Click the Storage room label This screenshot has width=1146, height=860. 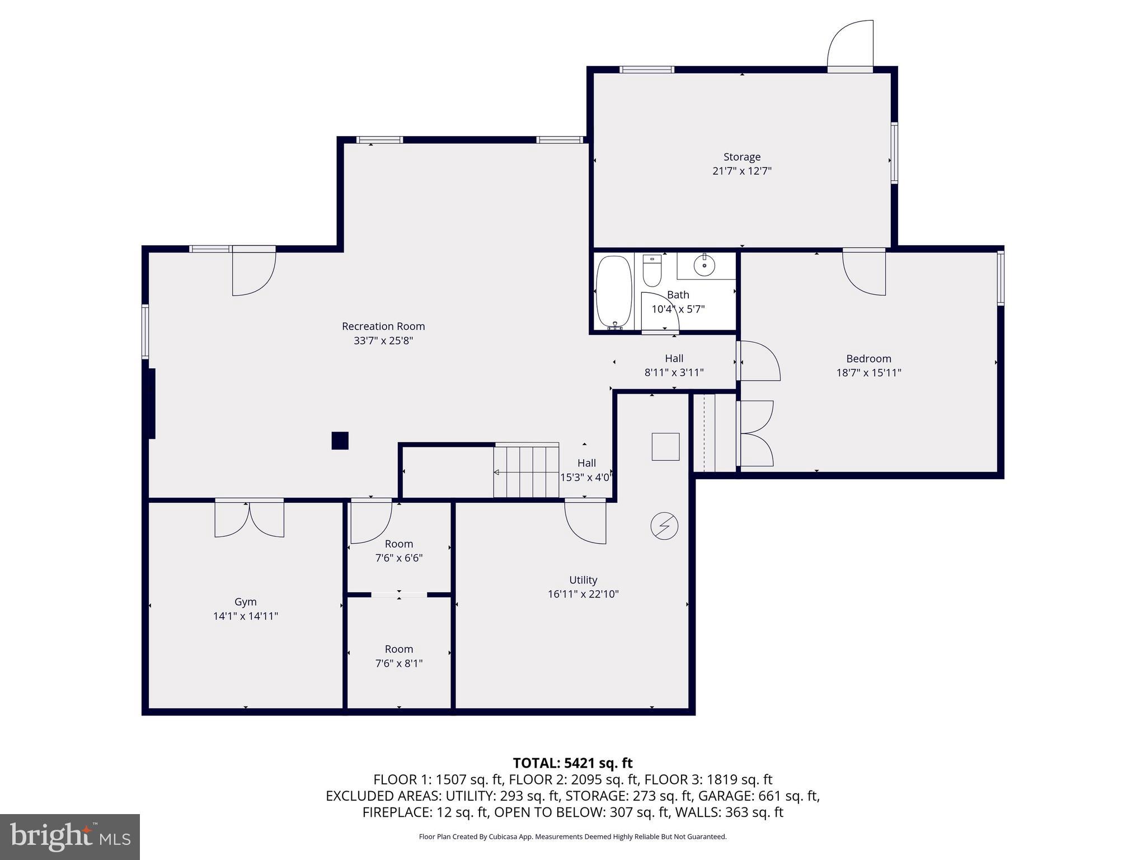click(x=741, y=157)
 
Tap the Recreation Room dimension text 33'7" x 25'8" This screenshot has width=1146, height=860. click(x=383, y=340)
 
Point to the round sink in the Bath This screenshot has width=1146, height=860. click(x=704, y=265)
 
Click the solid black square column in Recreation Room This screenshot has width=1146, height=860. click(x=340, y=441)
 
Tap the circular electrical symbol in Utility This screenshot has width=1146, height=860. click(x=664, y=526)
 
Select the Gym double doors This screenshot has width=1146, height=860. click(x=249, y=518)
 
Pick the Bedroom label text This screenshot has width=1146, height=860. click(x=868, y=359)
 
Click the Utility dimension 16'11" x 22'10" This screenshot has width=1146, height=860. click(x=583, y=594)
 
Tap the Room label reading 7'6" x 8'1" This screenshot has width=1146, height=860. click(x=398, y=663)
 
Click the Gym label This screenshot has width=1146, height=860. click(x=245, y=602)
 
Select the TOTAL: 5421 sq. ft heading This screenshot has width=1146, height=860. click(x=572, y=763)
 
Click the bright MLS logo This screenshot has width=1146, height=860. click(x=70, y=836)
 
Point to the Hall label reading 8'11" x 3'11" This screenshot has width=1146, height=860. click(x=674, y=372)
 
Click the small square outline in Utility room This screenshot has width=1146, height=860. click(x=665, y=447)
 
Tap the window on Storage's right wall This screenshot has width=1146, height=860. click(x=894, y=153)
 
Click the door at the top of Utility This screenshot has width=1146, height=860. click(x=585, y=521)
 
